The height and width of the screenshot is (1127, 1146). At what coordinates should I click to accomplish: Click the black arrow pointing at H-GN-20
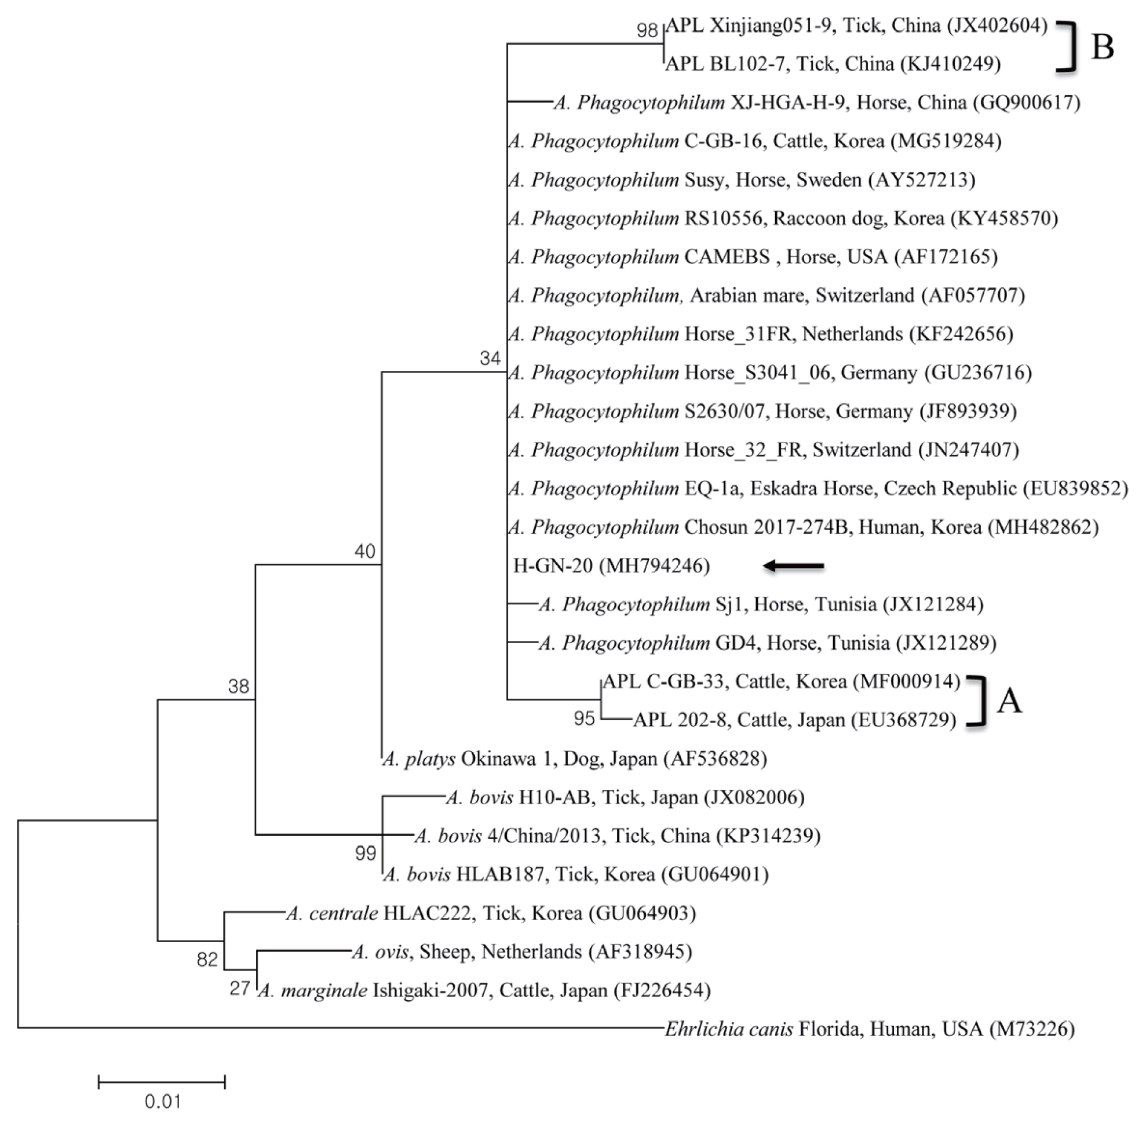click(x=793, y=567)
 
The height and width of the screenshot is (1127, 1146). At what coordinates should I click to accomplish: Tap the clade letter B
click(x=1102, y=47)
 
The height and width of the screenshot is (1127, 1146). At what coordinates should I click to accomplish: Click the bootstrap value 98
click(x=647, y=30)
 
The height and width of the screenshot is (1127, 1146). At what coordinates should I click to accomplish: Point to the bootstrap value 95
click(x=583, y=718)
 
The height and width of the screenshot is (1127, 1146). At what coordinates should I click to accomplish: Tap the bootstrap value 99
click(x=365, y=853)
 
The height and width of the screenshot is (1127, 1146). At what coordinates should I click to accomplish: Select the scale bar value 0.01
click(x=162, y=1101)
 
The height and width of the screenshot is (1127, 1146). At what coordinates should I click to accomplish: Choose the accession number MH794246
click(x=654, y=567)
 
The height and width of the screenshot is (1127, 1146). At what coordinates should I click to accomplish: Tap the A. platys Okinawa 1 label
click(x=574, y=759)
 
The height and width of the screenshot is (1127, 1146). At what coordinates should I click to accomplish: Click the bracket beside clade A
click(x=980, y=701)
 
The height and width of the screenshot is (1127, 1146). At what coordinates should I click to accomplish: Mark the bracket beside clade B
click(x=1067, y=47)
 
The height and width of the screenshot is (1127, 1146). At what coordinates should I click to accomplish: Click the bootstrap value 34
click(x=490, y=358)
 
